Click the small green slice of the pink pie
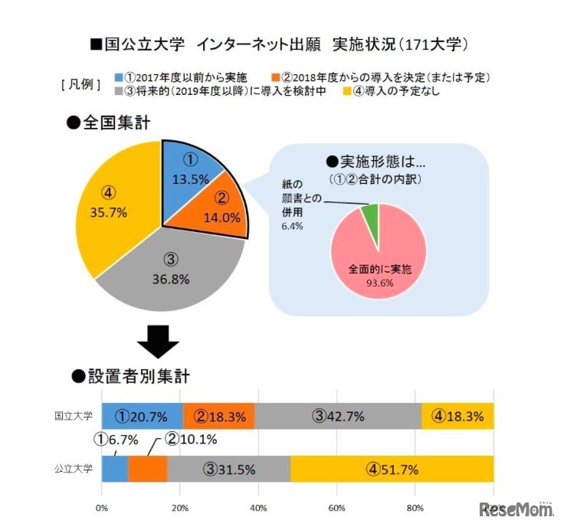(x=372, y=218)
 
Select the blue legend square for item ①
(x=117, y=77)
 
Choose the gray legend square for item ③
(x=117, y=91)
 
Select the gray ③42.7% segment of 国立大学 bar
(x=338, y=416)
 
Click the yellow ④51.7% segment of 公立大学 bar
(x=392, y=468)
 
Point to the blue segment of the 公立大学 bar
(x=114, y=468)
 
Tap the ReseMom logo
(x=511, y=509)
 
